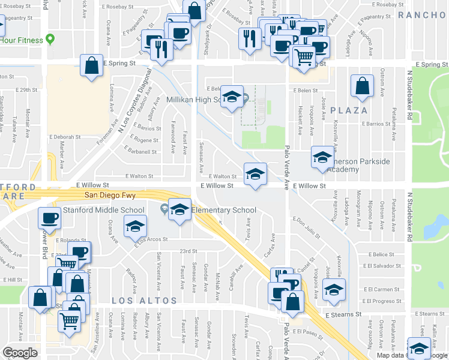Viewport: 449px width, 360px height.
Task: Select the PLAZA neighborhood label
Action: pos(348,110)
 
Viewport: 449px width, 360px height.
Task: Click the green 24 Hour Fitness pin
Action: pos(50,40)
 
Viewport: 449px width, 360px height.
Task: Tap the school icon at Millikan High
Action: pos(231,97)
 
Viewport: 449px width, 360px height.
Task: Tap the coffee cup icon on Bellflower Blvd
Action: pos(50,218)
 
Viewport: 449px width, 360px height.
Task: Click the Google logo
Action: pos(20,353)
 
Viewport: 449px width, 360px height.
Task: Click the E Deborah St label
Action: pos(66,137)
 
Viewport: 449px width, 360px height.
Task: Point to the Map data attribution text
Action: pos(393,355)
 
